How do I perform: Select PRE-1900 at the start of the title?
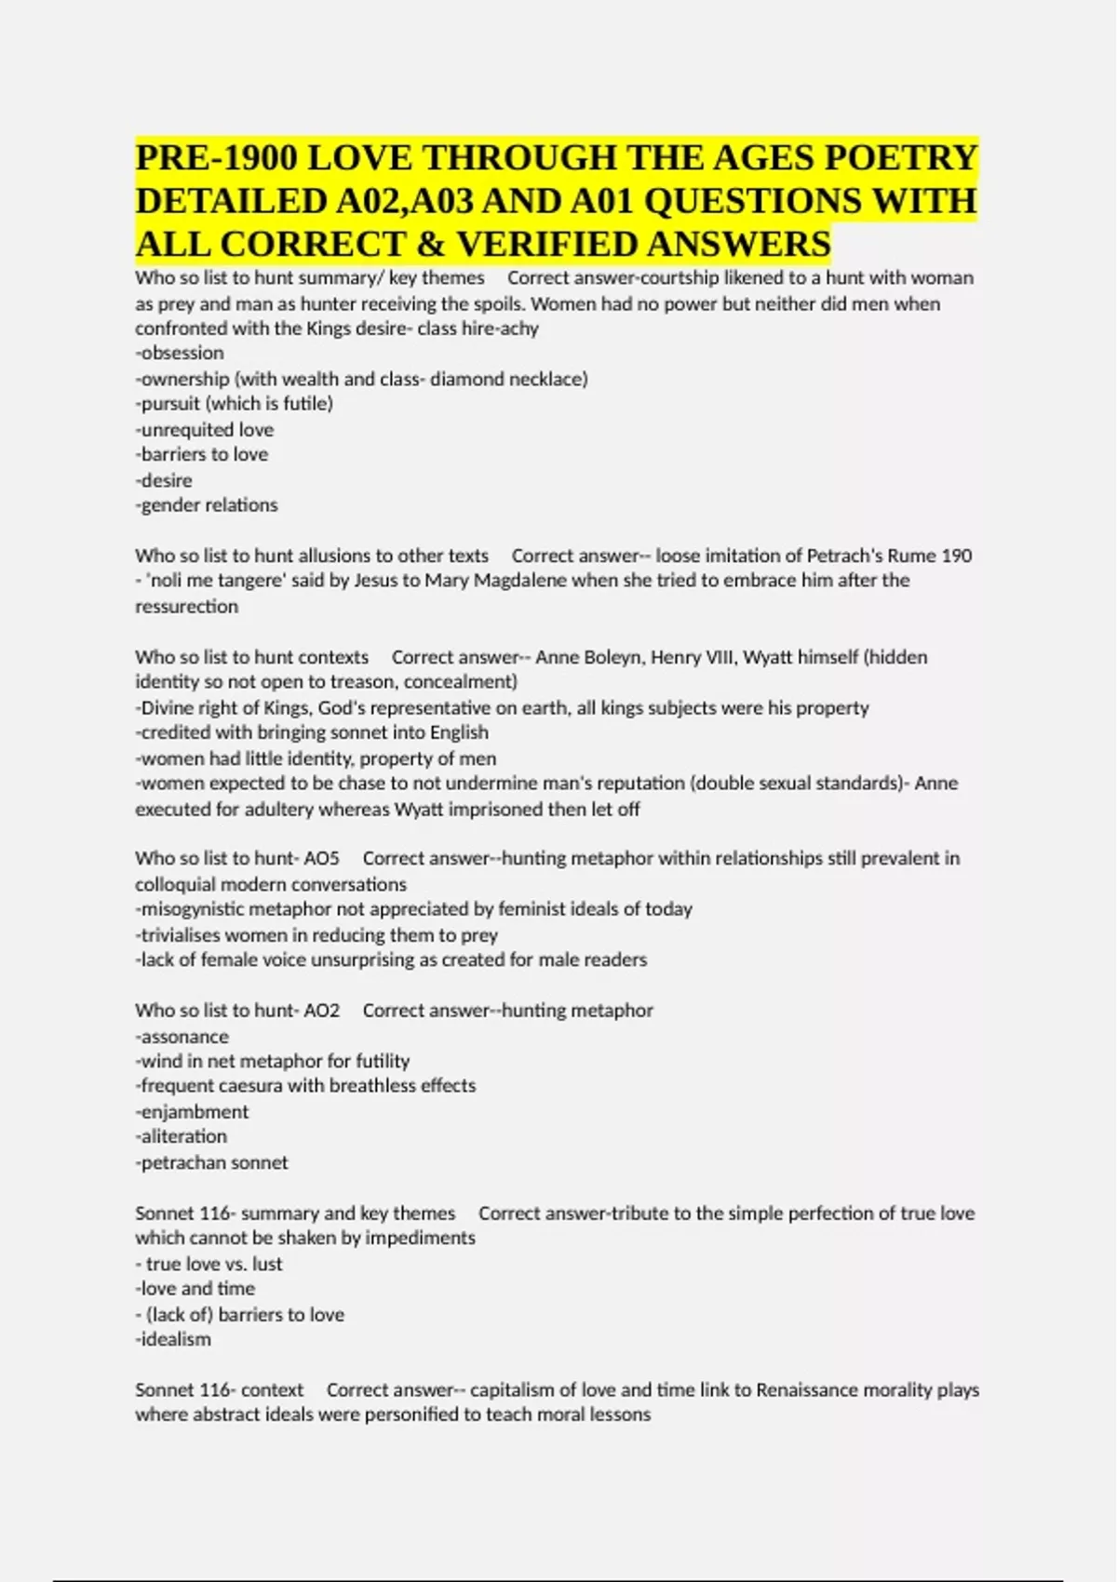pyautogui.click(x=217, y=157)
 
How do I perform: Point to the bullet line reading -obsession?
pyautogui.click(x=180, y=354)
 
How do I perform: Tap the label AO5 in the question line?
pyautogui.click(x=322, y=858)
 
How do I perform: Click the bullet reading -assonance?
pyautogui.click(x=182, y=1037)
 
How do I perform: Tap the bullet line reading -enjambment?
pyautogui.click(x=193, y=1112)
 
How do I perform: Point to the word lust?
pyautogui.click(x=267, y=1264)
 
